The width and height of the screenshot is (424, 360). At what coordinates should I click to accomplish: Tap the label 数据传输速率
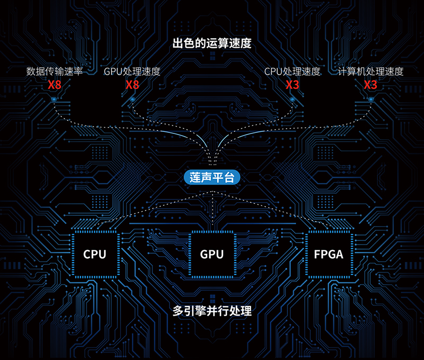55,71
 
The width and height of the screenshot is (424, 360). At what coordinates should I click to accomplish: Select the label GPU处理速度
132,71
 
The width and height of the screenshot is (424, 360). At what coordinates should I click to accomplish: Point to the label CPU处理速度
292,71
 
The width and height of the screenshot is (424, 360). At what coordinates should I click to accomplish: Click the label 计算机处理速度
370,71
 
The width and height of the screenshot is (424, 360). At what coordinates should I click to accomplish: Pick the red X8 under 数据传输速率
55,85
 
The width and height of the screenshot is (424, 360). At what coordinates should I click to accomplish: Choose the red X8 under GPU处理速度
132,85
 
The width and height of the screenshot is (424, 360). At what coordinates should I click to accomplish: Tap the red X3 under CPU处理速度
292,85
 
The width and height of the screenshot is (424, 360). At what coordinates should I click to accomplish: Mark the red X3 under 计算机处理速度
370,85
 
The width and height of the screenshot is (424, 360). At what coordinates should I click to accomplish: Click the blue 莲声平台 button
212,177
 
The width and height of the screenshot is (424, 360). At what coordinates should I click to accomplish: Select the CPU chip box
95,254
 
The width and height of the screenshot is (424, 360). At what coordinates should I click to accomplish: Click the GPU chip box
212,254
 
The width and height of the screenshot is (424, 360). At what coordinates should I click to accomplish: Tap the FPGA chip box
329,254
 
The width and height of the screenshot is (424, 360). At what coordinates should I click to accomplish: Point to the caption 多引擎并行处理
212,311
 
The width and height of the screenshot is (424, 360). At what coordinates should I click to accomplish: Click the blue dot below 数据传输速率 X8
55,99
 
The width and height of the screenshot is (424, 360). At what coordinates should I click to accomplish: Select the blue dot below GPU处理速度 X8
132,99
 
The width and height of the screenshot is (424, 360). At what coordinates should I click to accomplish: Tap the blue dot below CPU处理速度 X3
292,99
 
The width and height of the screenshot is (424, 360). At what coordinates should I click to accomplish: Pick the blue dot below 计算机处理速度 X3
370,99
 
